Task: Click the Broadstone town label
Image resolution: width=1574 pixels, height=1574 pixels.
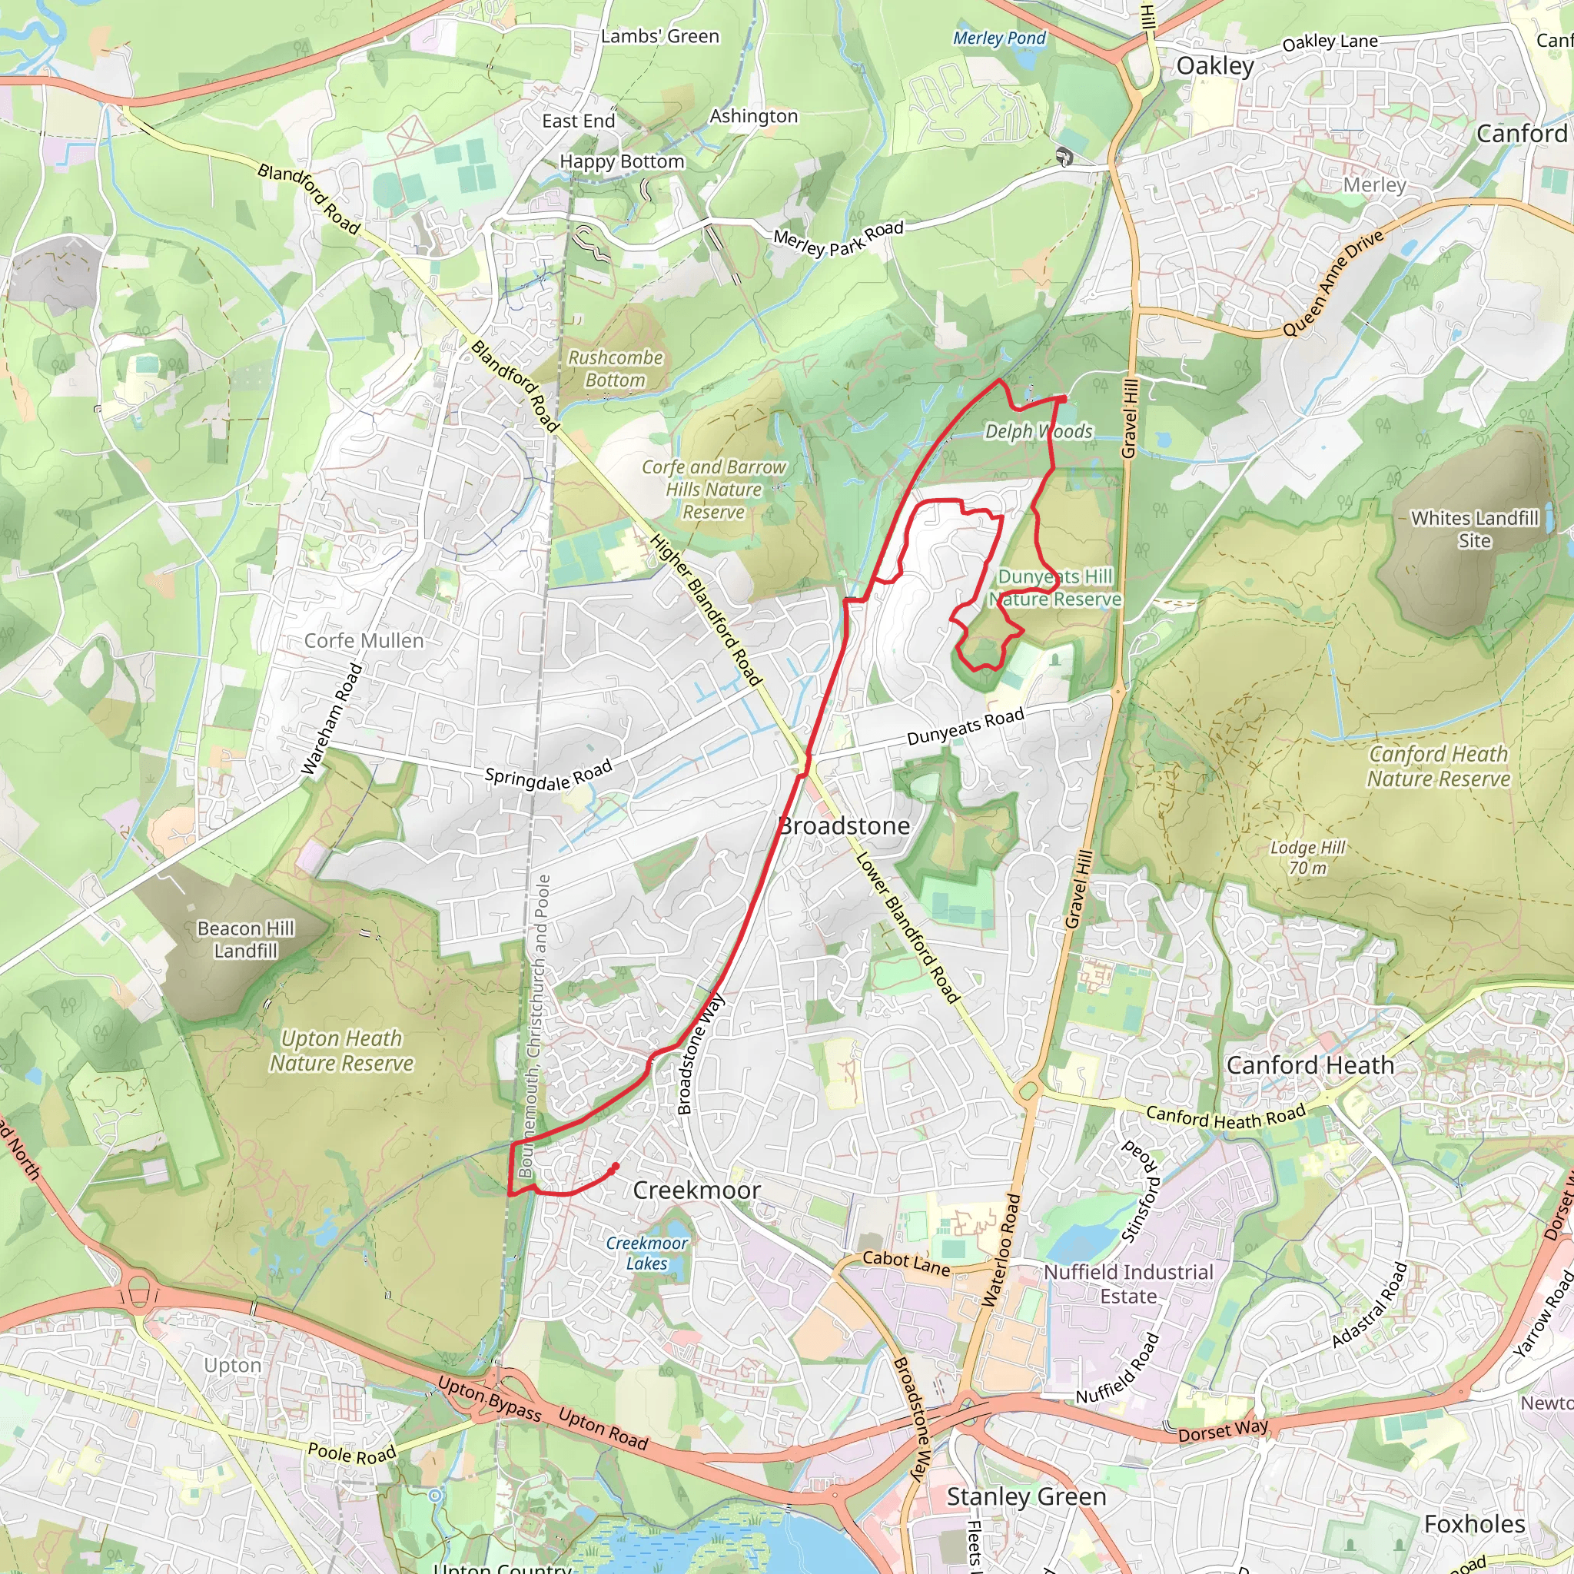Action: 844,826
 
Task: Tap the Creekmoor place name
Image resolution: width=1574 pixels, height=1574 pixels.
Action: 696,1190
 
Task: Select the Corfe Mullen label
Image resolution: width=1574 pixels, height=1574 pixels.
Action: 364,641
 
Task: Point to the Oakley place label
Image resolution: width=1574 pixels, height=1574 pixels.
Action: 1215,66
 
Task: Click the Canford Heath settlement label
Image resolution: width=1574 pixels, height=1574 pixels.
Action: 1310,1066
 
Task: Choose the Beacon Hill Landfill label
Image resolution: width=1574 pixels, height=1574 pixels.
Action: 245,940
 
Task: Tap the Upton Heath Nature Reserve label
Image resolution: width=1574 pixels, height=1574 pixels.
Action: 341,1051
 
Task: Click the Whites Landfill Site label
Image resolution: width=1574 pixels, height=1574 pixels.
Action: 1475,530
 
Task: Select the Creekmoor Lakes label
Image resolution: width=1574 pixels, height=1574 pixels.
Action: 647,1253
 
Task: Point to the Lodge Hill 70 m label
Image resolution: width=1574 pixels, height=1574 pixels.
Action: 1307,858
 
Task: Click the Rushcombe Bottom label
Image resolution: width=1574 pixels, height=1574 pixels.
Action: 615,369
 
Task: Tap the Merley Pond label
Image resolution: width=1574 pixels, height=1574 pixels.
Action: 999,38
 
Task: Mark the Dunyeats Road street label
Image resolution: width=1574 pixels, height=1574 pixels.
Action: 965,727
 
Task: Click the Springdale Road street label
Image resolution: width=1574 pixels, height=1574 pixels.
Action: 548,775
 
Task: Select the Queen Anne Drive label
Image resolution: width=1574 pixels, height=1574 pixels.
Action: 1333,283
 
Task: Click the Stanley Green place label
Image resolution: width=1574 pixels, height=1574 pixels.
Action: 1027,1496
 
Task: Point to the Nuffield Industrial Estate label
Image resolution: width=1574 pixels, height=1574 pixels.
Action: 1128,1284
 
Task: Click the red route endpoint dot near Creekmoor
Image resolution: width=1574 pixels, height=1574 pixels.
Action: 614,1168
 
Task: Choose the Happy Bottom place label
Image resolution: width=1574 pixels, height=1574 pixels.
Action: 622,162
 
